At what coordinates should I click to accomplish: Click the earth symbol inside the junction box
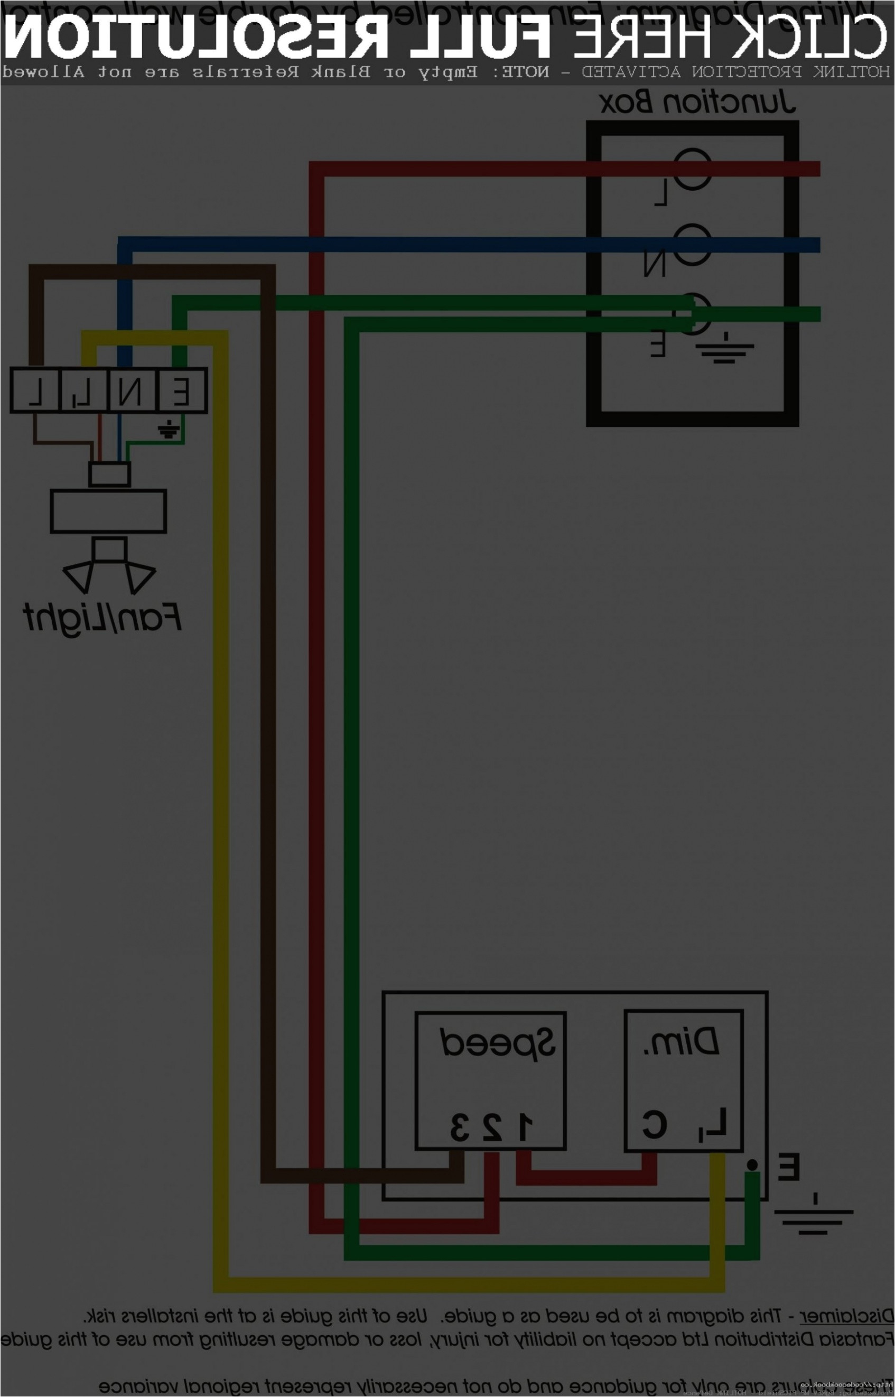(724, 348)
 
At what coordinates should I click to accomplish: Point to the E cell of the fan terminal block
(182, 390)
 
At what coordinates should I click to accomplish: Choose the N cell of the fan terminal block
(132, 390)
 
